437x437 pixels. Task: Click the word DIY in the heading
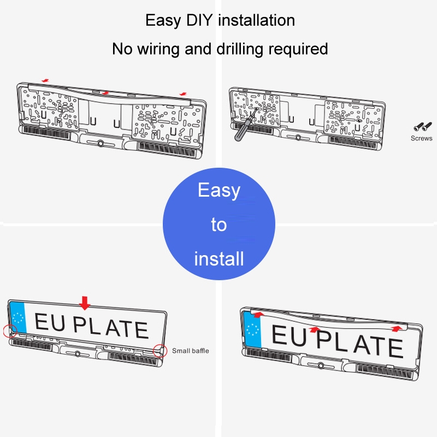click(x=199, y=20)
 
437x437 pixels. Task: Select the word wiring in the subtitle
click(x=158, y=49)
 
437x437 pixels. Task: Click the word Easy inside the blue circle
click(x=219, y=190)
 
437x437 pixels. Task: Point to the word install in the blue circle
click(x=219, y=258)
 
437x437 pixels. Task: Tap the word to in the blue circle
click(x=219, y=225)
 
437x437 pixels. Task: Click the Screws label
click(x=421, y=138)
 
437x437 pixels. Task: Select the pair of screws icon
click(x=422, y=127)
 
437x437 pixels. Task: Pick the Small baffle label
click(x=190, y=351)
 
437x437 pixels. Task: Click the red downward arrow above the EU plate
click(x=85, y=303)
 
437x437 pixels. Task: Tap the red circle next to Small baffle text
click(x=160, y=351)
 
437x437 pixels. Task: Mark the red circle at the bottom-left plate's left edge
click(x=10, y=331)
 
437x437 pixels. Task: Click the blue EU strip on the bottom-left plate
click(x=18, y=317)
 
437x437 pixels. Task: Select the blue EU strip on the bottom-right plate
click(x=252, y=330)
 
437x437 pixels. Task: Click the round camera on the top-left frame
click(x=100, y=144)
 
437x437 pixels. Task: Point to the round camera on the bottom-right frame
click(x=321, y=365)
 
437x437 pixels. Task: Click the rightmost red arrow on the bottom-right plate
click(x=397, y=328)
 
